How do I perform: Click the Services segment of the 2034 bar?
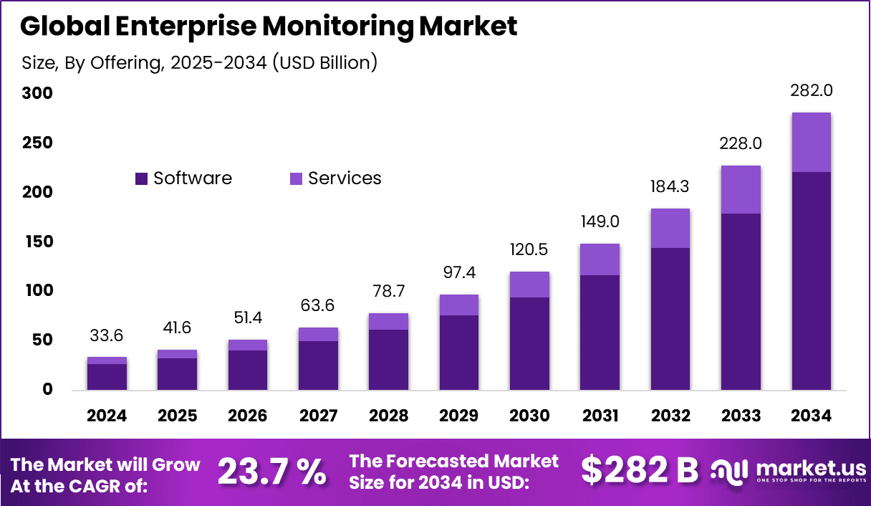[x=812, y=142]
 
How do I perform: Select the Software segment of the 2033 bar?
[x=741, y=301]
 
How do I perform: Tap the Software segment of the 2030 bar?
[x=529, y=343]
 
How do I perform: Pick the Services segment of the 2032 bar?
[x=670, y=228]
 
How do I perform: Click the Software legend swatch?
[x=141, y=178]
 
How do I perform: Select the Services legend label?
[x=345, y=178]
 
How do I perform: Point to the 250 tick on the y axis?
[x=37, y=143]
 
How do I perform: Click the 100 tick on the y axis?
[x=37, y=291]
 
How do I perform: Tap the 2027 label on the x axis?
[x=318, y=416]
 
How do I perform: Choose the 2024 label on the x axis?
[x=107, y=416]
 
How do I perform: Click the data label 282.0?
[x=812, y=92]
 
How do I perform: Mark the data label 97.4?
[x=459, y=273]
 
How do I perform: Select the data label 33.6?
[x=107, y=335]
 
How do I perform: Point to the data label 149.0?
[x=600, y=222]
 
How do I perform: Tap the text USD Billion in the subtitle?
[x=319, y=62]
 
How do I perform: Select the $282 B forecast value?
[x=639, y=471]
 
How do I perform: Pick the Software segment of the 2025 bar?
[x=177, y=373]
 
